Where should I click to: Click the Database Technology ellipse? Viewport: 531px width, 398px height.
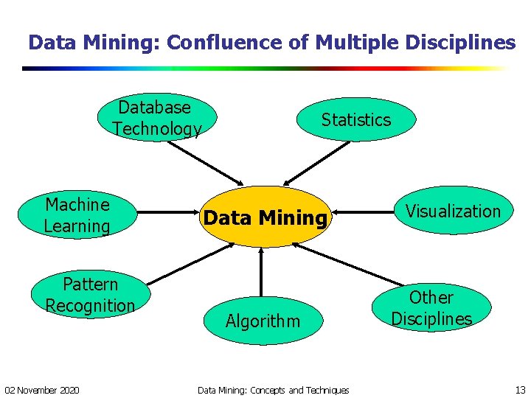[x=156, y=118]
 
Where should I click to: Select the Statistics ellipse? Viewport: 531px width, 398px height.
[x=356, y=119]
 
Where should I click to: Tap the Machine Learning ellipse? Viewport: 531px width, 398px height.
[x=77, y=215]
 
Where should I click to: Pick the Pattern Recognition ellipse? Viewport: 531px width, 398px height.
[x=90, y=295]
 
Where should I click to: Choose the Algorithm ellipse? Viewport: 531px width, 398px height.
[x=263, y=321]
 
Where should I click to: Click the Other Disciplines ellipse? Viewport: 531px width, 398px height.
[x=431, y=308]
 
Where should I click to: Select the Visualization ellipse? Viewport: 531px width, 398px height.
[x=453, y=211]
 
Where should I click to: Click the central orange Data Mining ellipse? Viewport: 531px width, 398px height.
[x=265, y=217]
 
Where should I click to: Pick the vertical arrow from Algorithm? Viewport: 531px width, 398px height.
[x=260, y=273]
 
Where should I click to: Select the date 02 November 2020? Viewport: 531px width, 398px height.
[x=43, y=389]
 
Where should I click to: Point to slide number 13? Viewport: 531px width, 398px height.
[x=519, y=389]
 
